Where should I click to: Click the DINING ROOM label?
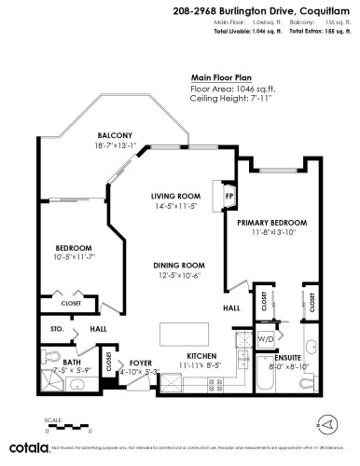coord(179,266)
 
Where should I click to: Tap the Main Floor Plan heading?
coord(222,79)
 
